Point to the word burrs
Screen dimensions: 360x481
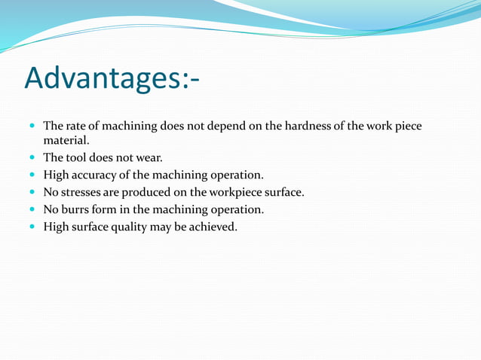coord(77,209)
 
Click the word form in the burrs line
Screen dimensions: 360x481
coord(109,209)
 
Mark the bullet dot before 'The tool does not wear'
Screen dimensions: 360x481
coord(32,158)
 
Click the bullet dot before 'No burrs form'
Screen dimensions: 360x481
coord(32,210)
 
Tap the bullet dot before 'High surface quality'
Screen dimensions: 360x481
coord(32,227)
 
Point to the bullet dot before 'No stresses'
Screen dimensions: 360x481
coord(32,193)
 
